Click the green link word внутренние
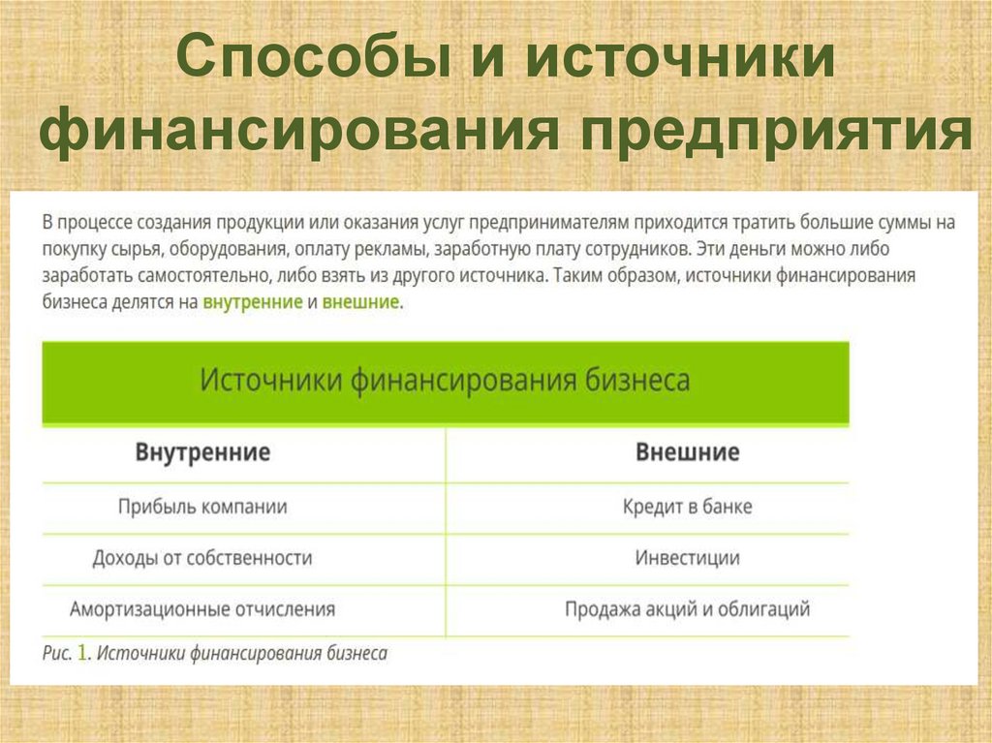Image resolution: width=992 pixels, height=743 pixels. pos(253,302)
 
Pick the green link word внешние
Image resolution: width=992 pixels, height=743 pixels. pos(360,302)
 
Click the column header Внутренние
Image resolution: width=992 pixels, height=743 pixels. pos(202,452)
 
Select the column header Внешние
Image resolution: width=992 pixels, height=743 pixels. pos(688,452)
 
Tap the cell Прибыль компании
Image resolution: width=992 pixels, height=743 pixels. pos(202,507)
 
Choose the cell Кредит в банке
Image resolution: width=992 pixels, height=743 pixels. pos(688,507)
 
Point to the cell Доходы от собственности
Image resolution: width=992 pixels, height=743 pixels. pos(202,558)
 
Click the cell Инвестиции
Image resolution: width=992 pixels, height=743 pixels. pos(688,558)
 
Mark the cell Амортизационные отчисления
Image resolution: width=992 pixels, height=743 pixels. pos(202,610)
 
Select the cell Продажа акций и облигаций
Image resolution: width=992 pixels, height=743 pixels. pos(688,610)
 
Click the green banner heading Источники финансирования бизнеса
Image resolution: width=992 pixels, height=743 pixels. pos(445,380)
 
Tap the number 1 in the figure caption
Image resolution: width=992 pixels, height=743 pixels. pos(83,654)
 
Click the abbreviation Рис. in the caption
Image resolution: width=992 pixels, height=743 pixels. pos(56,654)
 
